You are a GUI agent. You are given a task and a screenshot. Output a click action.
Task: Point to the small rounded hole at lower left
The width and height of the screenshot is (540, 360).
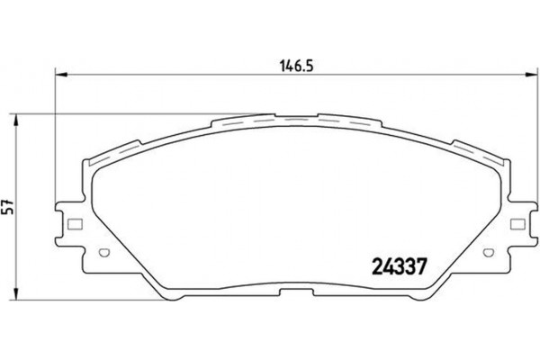click(103, 252)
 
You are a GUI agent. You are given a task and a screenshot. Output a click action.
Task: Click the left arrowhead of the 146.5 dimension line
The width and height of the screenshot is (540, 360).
click(60, 74)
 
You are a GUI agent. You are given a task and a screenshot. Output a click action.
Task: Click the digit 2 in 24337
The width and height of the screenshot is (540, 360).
click(378, 266)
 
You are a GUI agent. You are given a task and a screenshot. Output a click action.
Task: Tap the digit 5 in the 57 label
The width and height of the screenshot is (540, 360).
click(10, 209)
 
